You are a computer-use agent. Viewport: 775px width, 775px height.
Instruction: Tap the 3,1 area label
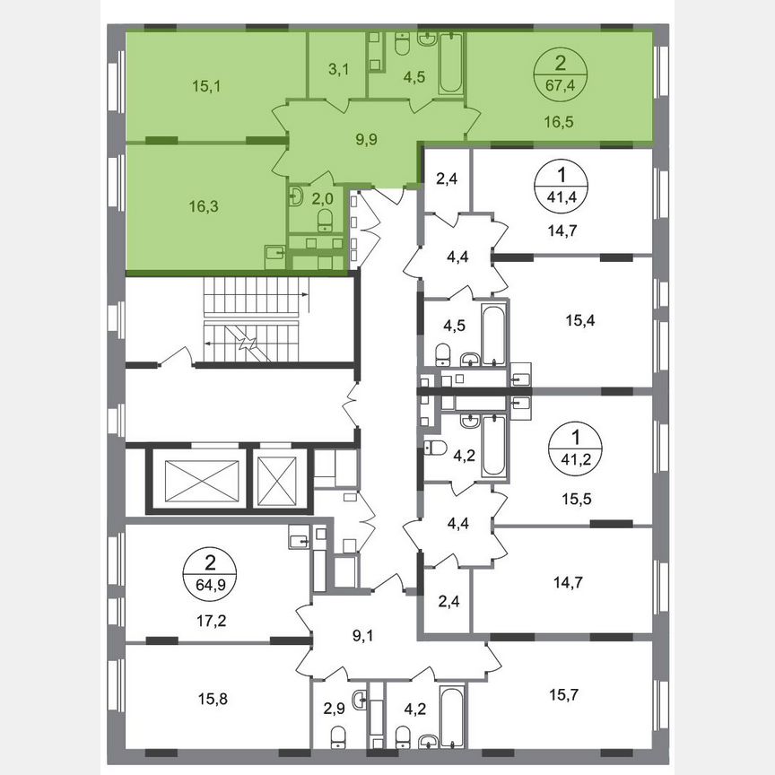click(338, 69)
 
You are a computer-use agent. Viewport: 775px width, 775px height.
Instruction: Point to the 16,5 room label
click(561, 118)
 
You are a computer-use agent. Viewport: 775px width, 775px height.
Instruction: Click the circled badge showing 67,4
click(561, 73)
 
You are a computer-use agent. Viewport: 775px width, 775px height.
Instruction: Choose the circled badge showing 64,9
click(210, 571)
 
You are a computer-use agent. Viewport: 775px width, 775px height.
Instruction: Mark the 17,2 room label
click(210, 619)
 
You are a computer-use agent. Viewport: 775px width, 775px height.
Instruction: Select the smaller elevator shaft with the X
click(276, 479)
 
